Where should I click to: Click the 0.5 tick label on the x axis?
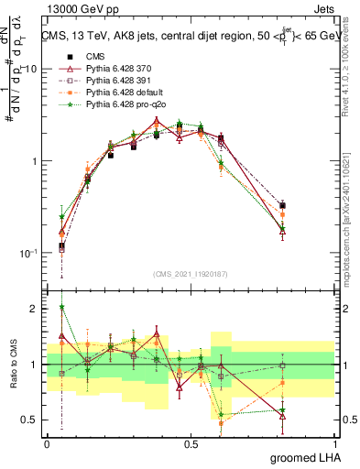(x=191, y=443)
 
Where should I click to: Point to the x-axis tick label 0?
(x=47, y=443)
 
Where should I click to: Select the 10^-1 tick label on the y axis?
(x=27, y=253)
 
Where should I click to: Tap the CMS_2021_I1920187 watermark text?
(x=191, y=273)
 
